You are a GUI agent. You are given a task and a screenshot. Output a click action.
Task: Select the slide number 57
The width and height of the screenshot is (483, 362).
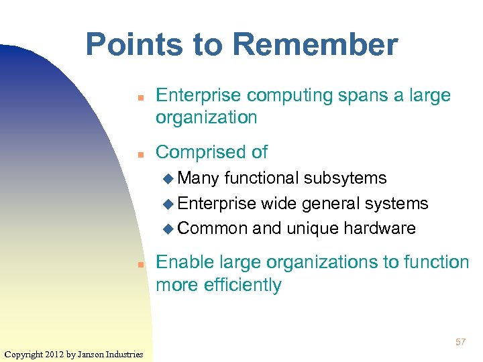460,343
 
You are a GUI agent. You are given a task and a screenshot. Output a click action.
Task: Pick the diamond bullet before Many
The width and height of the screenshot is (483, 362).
168,178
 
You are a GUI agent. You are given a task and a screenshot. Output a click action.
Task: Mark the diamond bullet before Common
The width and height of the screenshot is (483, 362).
168,229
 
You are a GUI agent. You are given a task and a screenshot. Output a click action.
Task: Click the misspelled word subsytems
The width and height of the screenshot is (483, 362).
345,178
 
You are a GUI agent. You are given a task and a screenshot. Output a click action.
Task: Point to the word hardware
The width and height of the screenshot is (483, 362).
379,229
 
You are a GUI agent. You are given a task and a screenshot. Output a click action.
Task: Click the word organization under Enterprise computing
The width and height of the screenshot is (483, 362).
206,117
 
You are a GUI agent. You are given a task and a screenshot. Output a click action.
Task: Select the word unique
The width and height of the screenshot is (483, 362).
313,229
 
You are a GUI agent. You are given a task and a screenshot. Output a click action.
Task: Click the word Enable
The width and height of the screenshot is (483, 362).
183,262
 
